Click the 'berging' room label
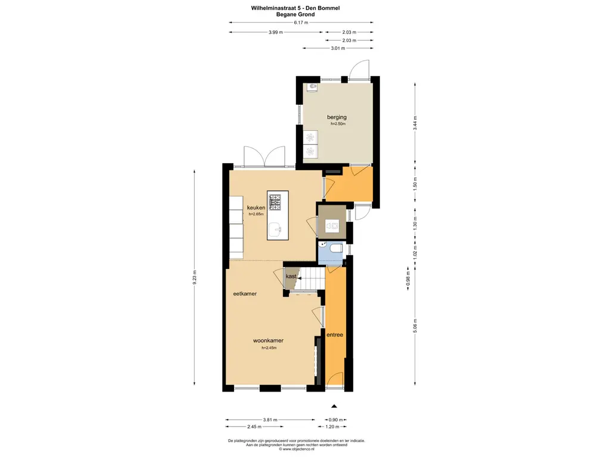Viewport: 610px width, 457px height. click(x=337, y=117)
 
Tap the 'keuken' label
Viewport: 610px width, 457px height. click(x=256, y=208)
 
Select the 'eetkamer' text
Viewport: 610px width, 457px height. click(x=245, y=293)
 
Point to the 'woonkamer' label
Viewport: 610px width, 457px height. click(x=268, y=341)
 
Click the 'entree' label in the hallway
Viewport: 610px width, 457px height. click(x=335, y=335)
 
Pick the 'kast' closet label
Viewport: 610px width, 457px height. click(x=291, y=277)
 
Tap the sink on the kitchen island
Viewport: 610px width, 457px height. click(x=275, y=228)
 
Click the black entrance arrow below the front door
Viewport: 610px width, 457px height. click(x=334, y=406)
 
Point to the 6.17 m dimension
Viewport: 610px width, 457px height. click(x=301, y=23)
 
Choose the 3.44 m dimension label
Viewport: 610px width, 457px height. click(x=415, y=123)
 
